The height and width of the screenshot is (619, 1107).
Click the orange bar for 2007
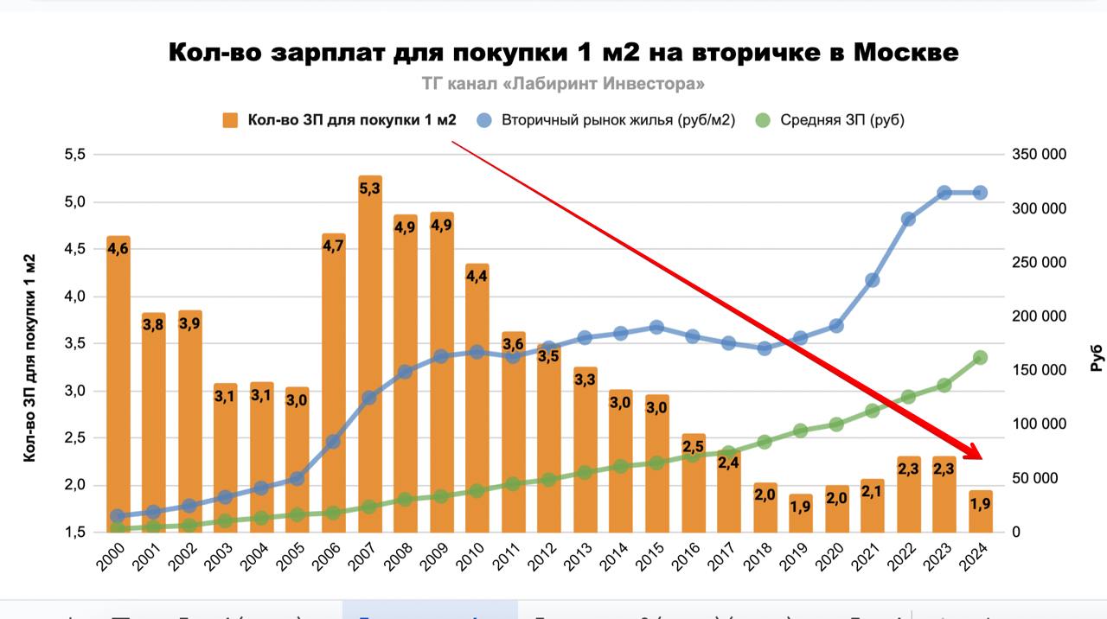369,363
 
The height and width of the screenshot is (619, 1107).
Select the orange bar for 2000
118,389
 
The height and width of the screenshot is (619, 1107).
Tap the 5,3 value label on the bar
369,188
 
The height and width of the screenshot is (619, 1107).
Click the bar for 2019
801,514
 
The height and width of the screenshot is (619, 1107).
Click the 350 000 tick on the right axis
1039,155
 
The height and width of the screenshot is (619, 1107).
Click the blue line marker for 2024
981,193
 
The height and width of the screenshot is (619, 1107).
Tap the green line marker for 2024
981,358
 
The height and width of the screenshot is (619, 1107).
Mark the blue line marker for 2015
656,328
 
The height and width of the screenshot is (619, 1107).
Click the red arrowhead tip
981,459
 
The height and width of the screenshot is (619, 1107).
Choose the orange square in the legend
230,120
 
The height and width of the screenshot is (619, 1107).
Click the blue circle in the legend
484,120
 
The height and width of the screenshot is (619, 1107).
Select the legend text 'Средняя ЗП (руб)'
841,120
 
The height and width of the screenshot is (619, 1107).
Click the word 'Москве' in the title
905,52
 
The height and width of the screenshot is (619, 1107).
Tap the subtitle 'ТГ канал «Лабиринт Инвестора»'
562,84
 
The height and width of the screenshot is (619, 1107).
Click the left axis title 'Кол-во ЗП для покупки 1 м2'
29,358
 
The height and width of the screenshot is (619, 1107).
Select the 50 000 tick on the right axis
1035,478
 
